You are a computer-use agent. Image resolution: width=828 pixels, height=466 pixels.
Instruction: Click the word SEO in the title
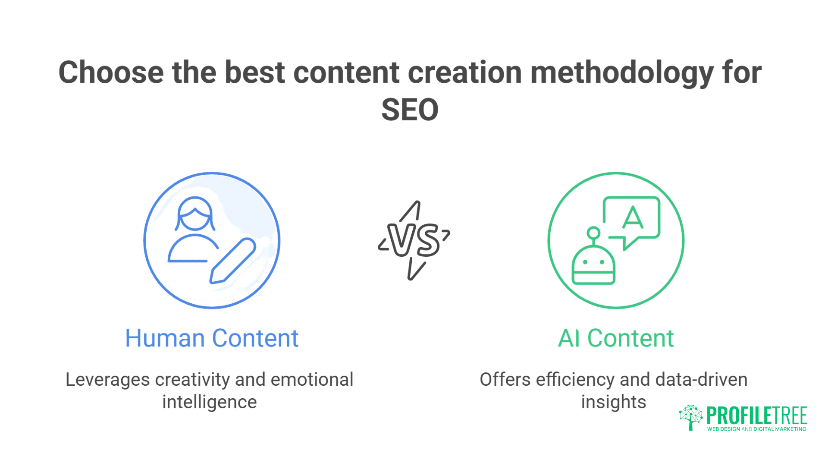tap(410, 110)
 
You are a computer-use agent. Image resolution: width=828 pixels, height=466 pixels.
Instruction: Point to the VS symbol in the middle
tap(414, 240)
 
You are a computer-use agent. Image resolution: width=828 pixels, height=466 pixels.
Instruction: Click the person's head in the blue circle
tap(195, 214)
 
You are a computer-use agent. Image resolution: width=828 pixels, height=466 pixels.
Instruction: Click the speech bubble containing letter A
tap(632, 218)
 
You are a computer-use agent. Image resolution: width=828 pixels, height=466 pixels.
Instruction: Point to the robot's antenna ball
tap(593, 233)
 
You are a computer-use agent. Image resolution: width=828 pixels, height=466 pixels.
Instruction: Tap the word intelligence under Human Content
tap(210, 402)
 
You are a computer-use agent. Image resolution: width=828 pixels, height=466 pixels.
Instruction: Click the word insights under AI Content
tap(613, 402)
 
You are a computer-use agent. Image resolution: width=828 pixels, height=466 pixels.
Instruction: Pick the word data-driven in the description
tap(701, 380)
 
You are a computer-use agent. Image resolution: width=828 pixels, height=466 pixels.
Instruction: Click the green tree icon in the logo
tap(691, 417)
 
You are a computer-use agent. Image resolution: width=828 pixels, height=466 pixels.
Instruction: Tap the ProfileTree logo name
tap(756, 416)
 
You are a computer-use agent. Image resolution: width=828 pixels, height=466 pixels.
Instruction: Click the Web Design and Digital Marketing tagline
tap(756, 429)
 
